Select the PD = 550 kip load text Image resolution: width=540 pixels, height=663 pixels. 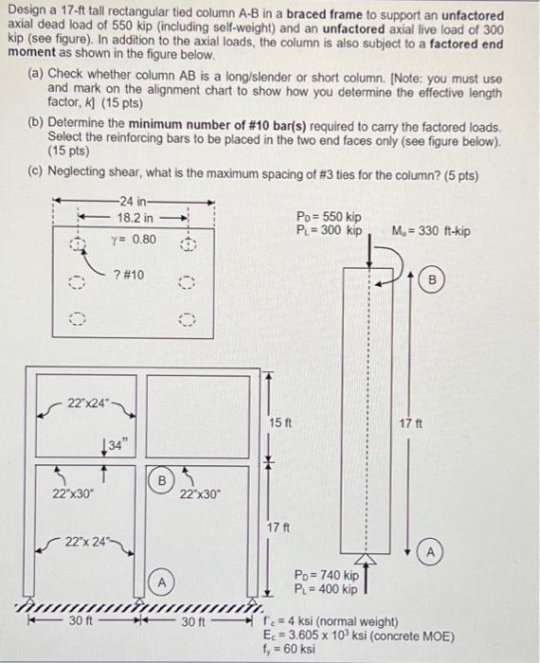click(x=329, y=218)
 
